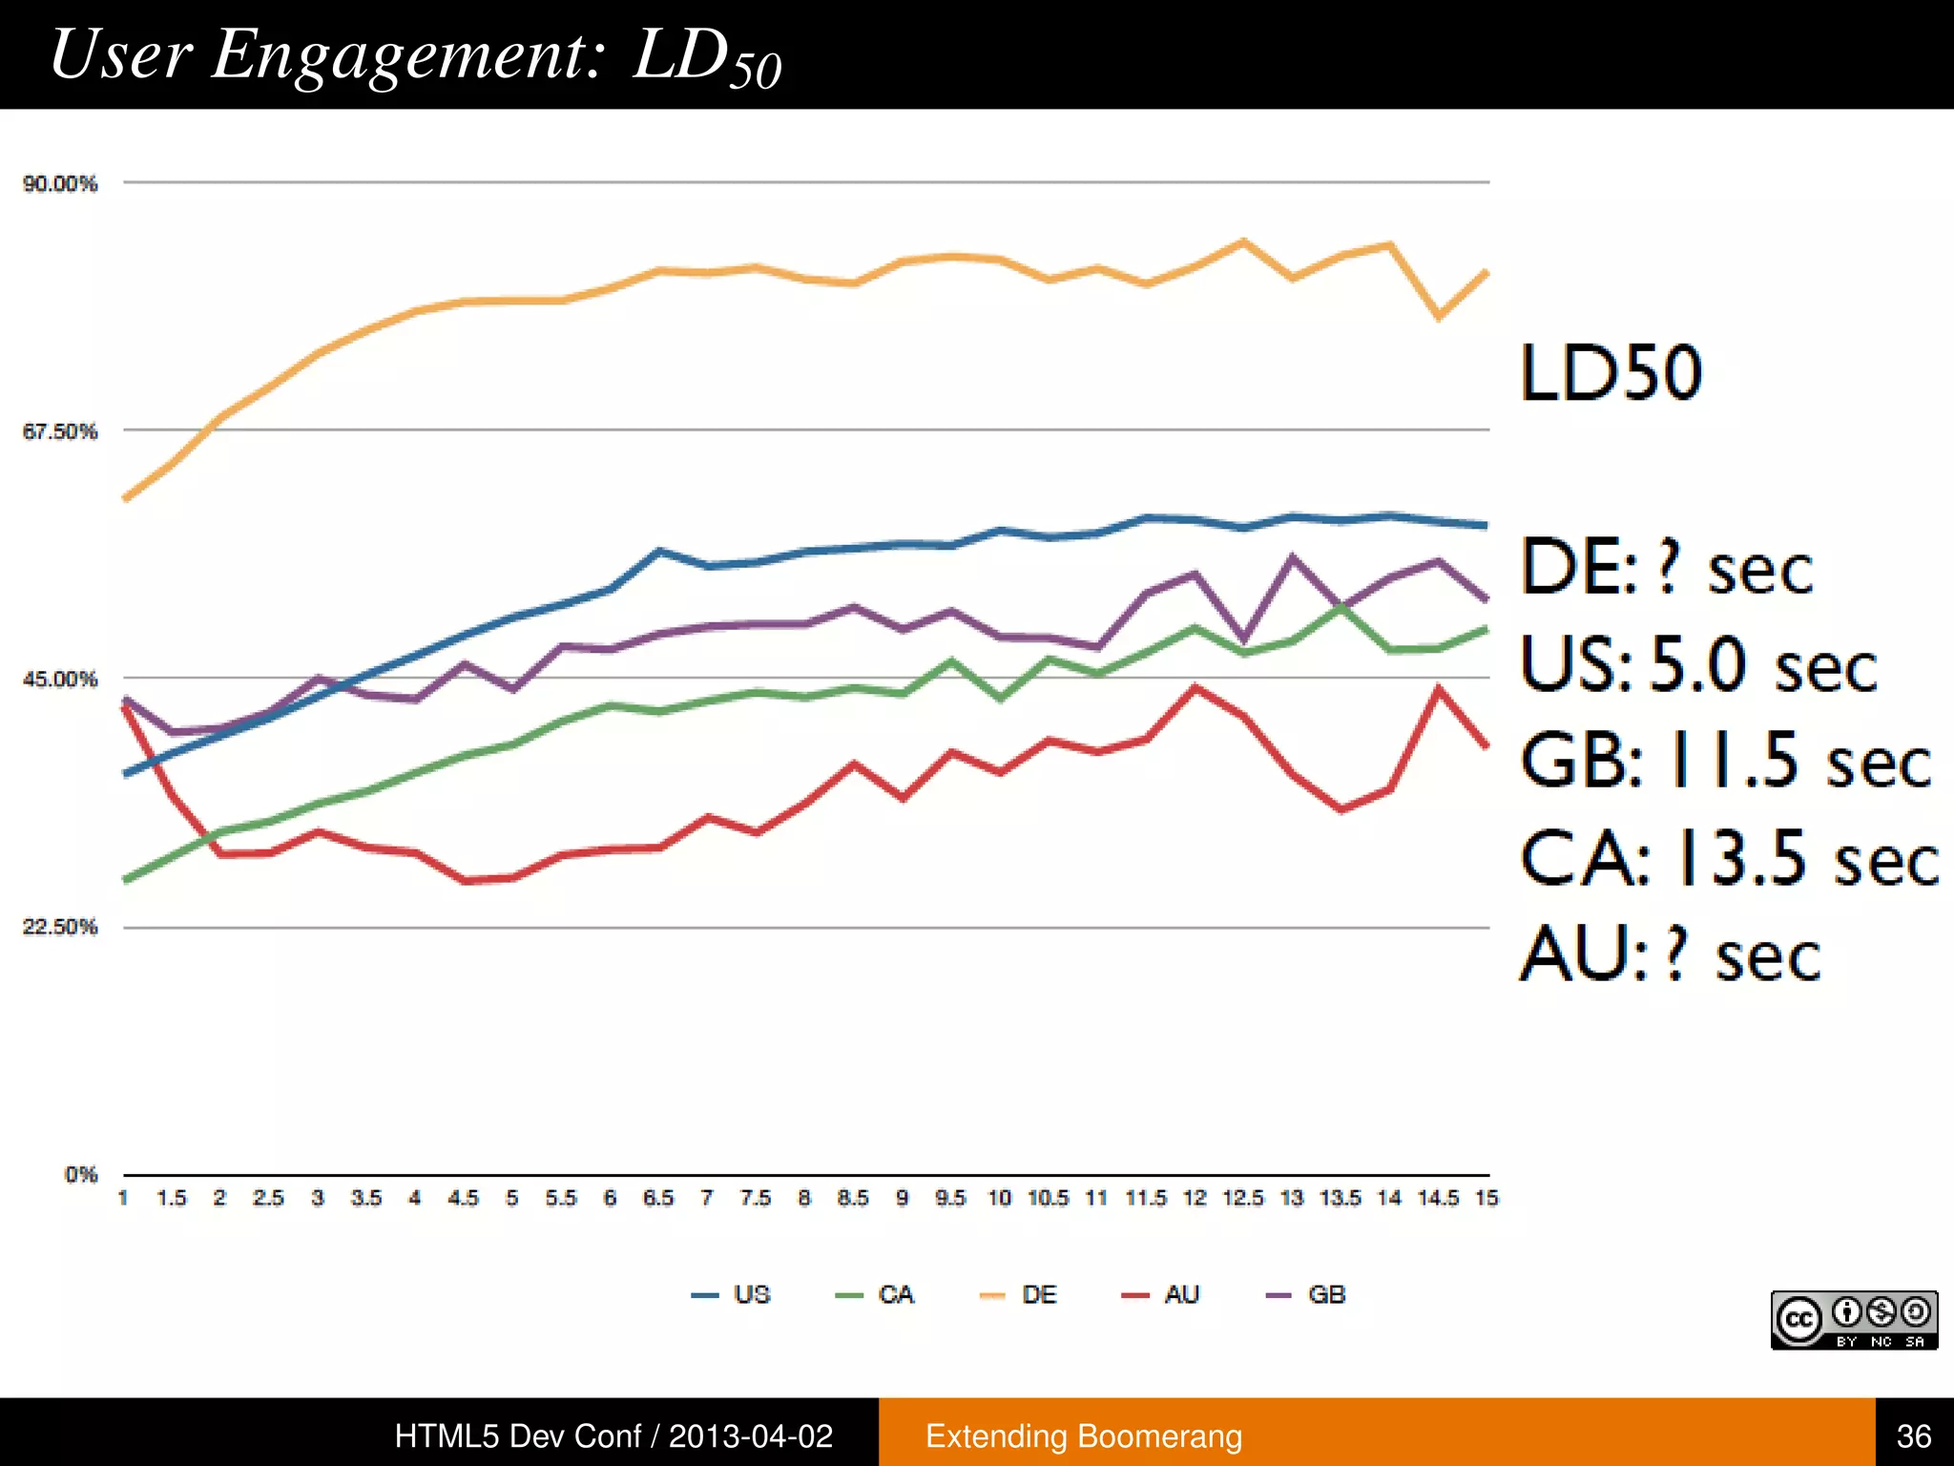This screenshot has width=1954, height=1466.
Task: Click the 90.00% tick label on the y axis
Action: tap(60, 183)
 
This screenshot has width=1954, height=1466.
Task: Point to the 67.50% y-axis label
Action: tap(60, 431)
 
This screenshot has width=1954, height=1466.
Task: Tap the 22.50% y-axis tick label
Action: tap(60, 927)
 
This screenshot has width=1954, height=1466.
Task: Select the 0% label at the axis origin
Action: tap(81, 1175)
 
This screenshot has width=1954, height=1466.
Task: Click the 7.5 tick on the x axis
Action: tap(756, 1198)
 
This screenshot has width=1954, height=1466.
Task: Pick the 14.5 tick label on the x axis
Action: tap(1438, 1198)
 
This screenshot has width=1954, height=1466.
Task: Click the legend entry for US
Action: tap(732, 1295)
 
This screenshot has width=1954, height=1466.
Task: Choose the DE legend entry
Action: tap(1019, 1295)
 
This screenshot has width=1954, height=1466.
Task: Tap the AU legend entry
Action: tap(1161, 1295)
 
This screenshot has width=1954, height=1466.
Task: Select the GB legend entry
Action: tap(1306, 1295)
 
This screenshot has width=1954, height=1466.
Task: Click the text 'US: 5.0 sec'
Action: tap(1698, 664)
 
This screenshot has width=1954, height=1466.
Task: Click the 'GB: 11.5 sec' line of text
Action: tap(1725, 761)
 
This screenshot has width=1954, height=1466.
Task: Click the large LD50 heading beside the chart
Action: tap(1611, 373)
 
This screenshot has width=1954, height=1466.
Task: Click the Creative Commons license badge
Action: tap(1854, 1320)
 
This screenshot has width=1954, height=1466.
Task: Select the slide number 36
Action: tap(1913, 1436)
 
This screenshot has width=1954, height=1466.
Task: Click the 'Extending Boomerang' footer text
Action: tap(1084, 1436)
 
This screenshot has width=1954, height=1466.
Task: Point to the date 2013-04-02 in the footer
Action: tap(751, 1436)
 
